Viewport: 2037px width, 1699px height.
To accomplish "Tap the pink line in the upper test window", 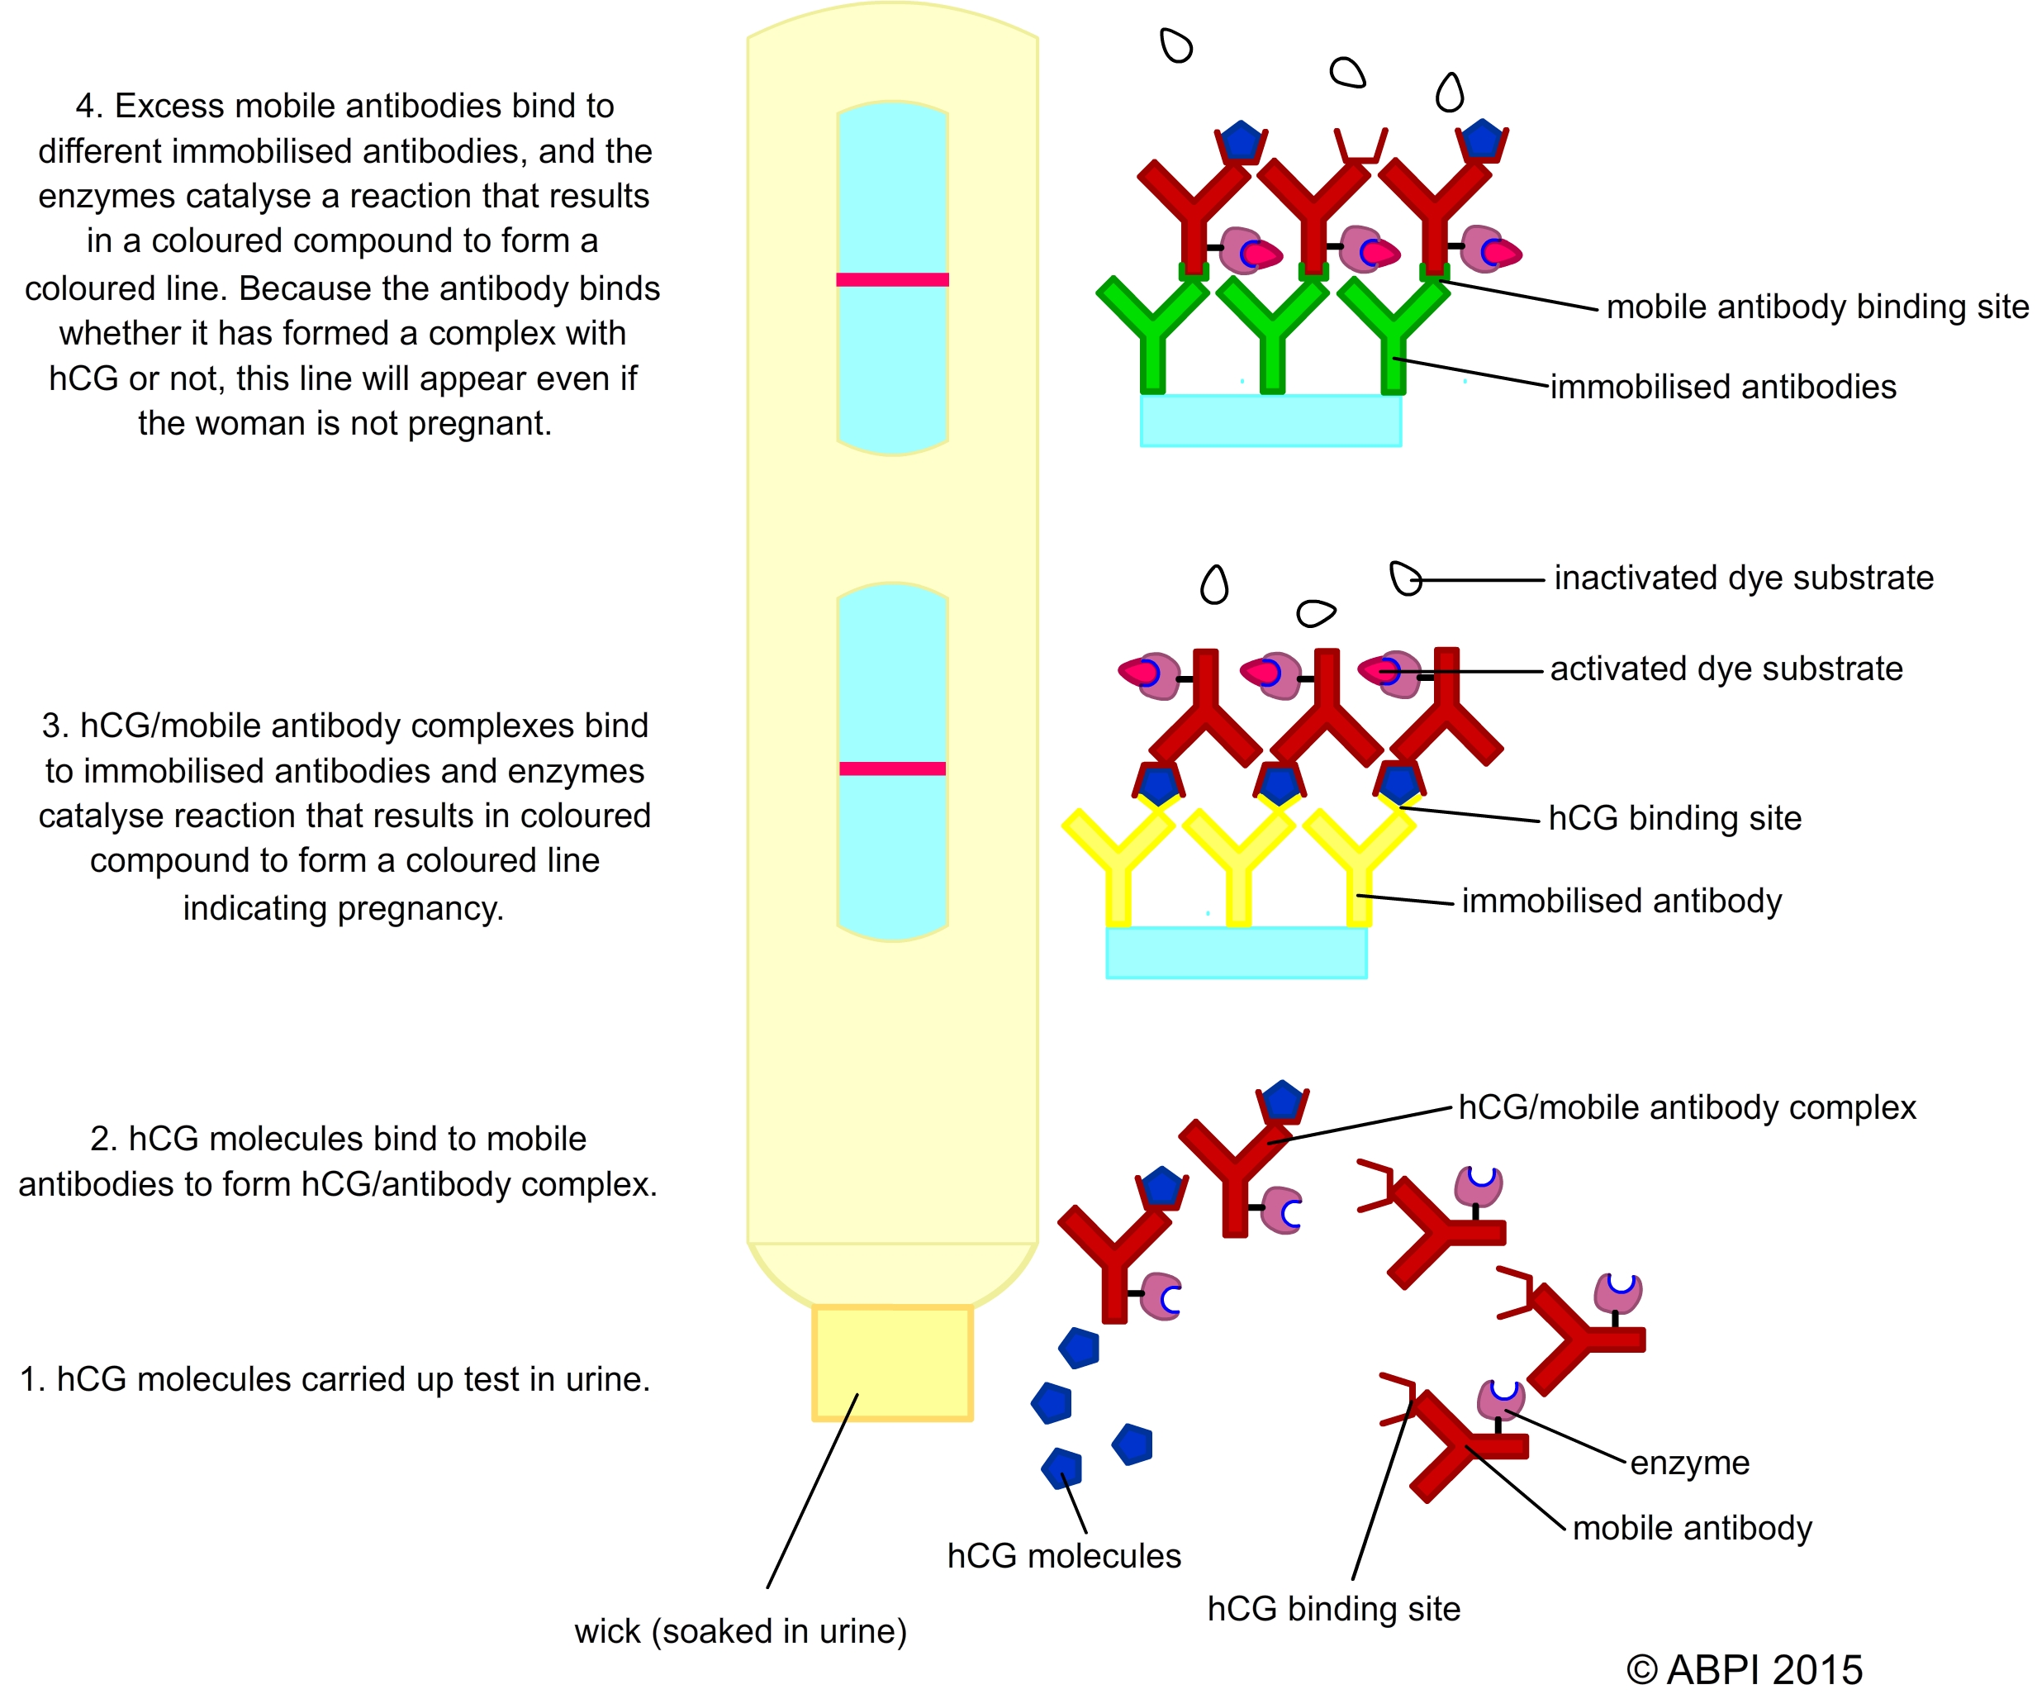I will [x=891, y=279].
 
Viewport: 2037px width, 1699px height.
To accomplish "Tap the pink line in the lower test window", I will [x=891, y=769].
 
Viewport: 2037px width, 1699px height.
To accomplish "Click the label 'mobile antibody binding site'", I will [x=1816, y=307].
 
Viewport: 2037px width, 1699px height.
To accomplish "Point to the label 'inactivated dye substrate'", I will [x=1743, y=578].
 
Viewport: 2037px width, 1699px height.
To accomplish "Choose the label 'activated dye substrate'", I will [x=1726, y=669].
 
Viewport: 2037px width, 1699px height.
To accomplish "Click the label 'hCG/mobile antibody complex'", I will [x=1687, y=1107].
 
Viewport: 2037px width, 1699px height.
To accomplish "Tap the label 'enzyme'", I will [x=1690, y=1462].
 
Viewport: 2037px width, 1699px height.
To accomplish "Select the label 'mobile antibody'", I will [x=1692, y=1528].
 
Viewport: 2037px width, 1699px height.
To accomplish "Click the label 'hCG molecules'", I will [x=1064, y=1556].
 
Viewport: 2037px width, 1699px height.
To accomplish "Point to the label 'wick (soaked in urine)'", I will [x=740, y=1632].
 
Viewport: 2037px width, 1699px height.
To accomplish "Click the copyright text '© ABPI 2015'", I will [x=1744, y=1670].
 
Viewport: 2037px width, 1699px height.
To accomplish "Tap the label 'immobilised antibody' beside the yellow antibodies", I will [x=1621, y=902].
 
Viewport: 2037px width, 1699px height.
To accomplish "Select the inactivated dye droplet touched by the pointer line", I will [x=1404, y=578].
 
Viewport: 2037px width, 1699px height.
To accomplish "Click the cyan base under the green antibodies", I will [x=1270, y=420].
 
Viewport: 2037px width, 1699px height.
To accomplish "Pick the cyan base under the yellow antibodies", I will [x=1237, y=953].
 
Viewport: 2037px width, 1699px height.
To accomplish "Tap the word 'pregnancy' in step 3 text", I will [x=418, y=908].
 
